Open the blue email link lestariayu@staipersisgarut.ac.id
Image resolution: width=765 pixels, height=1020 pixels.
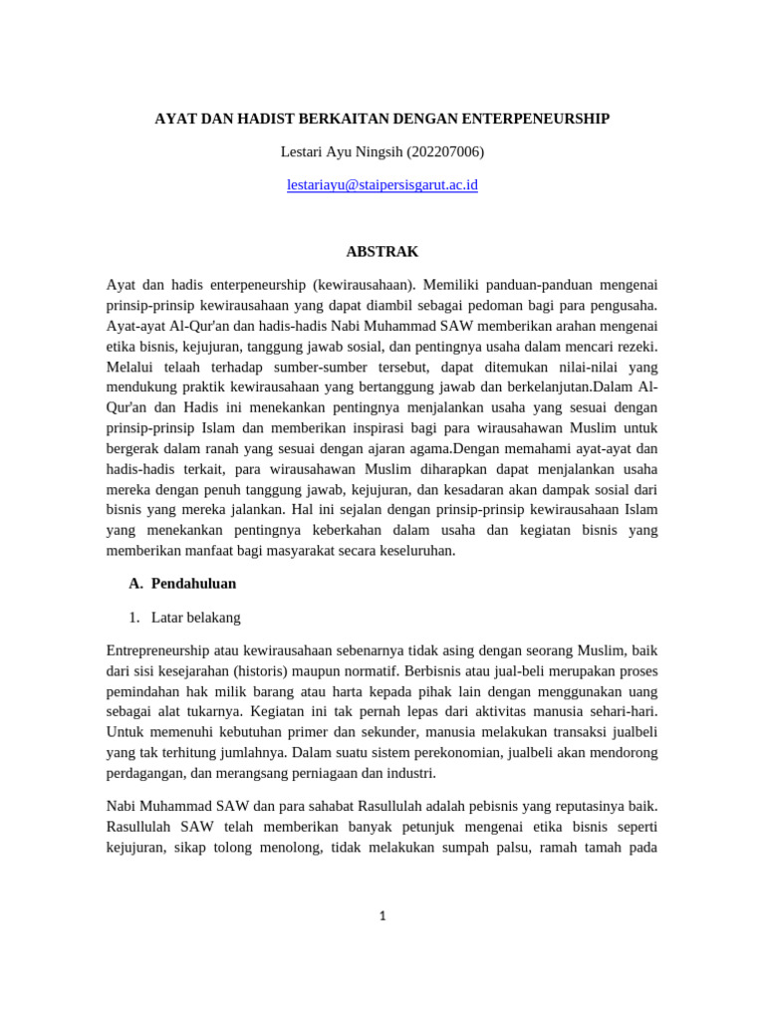click(x=382, y=184)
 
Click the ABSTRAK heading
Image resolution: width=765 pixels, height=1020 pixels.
click(x=382, y=252)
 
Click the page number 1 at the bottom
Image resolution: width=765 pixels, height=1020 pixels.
click(x=382, y=917)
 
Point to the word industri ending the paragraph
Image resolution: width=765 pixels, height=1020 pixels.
click(x=409, y=773)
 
